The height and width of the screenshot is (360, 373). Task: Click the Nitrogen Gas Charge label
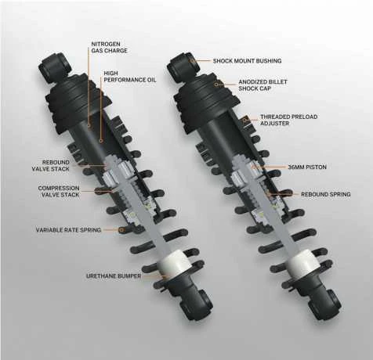coord(109,48)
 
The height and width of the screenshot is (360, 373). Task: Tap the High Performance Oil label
coord(130,77)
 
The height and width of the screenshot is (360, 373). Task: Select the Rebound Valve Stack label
coord(51,166)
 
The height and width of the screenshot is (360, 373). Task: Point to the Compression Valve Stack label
coord(59,191)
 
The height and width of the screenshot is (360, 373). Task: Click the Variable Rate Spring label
coord(68,230)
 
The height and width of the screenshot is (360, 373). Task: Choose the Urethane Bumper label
coord(114,276)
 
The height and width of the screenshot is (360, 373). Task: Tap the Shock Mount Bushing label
coord(247,61)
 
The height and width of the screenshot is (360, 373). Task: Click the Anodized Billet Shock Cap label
coord(263,85)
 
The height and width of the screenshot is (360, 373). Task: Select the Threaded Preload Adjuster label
coord(289,120)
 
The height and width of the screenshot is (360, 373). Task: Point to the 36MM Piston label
coord(307,167)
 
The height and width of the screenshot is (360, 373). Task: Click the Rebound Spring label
coord(326,194)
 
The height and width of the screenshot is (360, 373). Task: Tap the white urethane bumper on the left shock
coord(173,264)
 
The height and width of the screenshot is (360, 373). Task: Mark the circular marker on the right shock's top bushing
coord(192,61)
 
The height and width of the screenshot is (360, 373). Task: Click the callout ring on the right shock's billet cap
coord(216,85)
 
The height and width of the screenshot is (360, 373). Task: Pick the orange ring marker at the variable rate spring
coord(121,230)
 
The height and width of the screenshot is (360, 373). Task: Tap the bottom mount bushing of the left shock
coord(197,304)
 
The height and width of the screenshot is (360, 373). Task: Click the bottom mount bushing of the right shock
coord(324,304)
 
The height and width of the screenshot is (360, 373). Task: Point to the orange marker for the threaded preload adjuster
coord(245,120)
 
